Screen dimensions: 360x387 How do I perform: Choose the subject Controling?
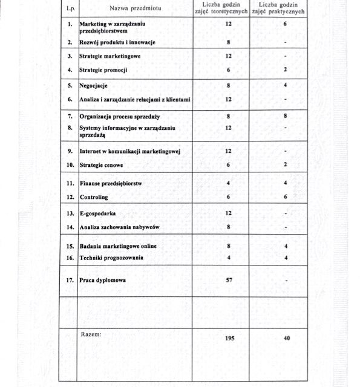pyautogui.click(x=94, y=197)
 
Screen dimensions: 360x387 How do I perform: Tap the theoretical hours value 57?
pyautogui.click(x=229, y=281)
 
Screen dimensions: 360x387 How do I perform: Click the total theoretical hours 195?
pyautogui.click(x=229, y=339)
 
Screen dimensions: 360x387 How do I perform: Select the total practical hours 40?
pyautogui.click(x=286, y=339)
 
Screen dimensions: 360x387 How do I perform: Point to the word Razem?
pyautogui.click(x=91, y=334)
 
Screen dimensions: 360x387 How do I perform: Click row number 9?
pyautogui.click(x=70, y=151)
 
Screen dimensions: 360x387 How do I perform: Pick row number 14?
pyautogui.click(x=70, y=227)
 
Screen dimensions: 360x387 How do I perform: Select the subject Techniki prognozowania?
pyautogui.click(x=111, y=258)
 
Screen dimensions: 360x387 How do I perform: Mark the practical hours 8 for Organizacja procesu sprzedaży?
pyautogui.click(x=285, y=115)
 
